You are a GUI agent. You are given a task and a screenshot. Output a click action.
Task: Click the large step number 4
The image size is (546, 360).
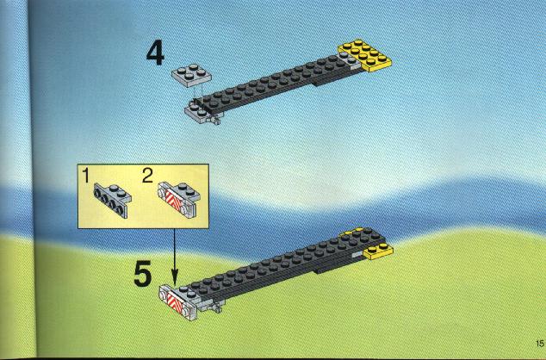pos(155,53)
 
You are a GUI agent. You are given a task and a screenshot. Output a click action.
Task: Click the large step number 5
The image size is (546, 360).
pos(143,274)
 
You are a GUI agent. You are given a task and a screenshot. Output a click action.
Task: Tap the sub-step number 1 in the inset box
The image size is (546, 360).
pos(86,175)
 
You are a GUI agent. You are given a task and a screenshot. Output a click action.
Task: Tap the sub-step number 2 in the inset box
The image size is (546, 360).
pos(147,175)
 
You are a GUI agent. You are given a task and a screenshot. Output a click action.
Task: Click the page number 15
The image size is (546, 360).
pos(540,343)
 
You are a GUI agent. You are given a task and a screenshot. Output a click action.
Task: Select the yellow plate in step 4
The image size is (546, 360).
pos(364,56)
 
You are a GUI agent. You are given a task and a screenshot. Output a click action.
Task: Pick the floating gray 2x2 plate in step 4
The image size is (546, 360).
pos(191,75)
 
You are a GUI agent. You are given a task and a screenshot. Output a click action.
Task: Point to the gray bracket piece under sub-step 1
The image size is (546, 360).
pos(112,200)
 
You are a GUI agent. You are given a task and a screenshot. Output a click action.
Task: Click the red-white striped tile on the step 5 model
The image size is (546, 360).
pos(176,302)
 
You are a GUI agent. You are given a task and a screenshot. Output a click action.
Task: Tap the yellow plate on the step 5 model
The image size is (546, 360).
pos(377,251)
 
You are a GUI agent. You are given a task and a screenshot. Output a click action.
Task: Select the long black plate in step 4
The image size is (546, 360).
pos(275,84)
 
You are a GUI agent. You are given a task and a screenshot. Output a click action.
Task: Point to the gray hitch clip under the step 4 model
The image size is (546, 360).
pos(214,120)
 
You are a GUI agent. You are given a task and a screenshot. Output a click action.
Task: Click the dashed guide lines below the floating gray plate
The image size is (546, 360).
pos(197,93)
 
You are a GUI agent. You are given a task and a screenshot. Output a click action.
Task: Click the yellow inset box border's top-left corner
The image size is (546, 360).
pos(78,164)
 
